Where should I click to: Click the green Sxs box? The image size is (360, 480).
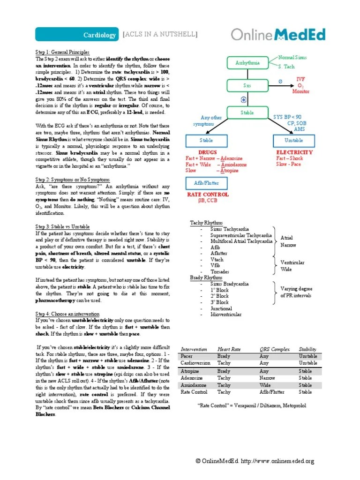[x=247, y=86]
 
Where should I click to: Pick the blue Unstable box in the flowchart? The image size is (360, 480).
[x=293, y=140]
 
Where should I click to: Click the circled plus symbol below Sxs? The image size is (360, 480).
[x=244, y=99]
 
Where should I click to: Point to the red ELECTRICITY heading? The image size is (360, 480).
[x=294, y=152]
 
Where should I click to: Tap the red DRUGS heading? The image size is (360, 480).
[x=208, y=152]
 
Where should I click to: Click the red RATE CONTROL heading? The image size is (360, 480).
[x=208, y=194]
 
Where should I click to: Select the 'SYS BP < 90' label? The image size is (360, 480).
[x=287, y=116]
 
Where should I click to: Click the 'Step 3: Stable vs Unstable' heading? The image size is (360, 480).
[x=62, y=226]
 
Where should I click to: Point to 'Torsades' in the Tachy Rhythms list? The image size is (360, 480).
[x=220, y=271]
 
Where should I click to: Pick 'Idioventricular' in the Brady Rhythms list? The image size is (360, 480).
[x=226, y=315]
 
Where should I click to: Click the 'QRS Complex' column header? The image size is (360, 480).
[x=275, y=349]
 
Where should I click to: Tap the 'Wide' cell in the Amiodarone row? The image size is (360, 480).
[x=265, y=385]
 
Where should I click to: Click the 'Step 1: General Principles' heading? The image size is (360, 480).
[x=62, y=52]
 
